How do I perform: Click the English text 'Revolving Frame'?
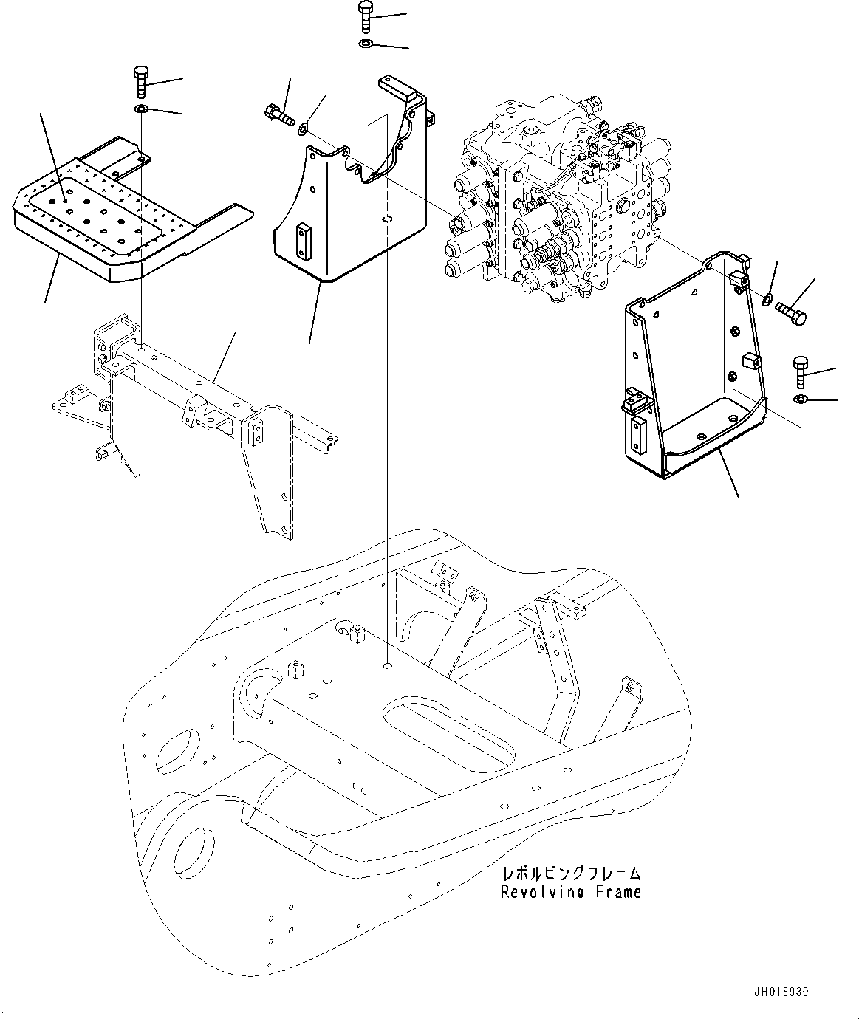click(570, 892)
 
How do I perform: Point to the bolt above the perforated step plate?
click(142, 81)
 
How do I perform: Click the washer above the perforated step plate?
click(141, 111)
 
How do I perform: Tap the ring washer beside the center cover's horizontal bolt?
click(302, 132)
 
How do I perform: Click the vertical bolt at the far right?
click(800, 372)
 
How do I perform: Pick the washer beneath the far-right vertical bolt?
click(800, 400)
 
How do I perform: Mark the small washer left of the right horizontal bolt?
click(768, 299)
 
